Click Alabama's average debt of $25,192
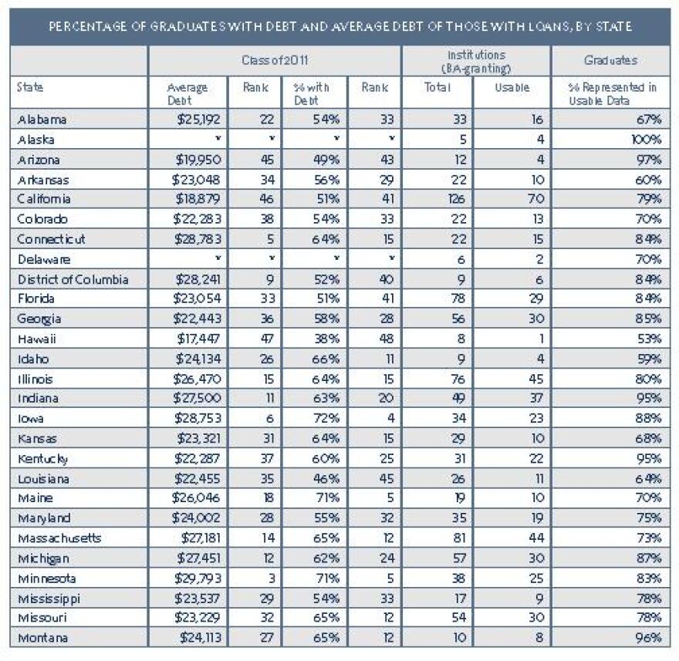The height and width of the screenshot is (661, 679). point(199,119)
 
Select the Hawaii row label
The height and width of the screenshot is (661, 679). point(37,339)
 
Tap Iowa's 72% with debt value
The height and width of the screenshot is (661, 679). point(326,418)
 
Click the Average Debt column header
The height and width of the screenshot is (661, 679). point(187,93)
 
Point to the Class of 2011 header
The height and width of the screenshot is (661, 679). point(275,60)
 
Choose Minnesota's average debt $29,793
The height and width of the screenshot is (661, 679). point(198,578)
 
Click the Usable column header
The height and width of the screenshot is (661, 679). point(512,87)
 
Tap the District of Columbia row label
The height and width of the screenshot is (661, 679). point(73,280)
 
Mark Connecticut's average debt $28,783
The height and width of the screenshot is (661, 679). point(198,239)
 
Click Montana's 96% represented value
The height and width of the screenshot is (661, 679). point(648,638)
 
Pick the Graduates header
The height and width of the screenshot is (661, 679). point(610,60)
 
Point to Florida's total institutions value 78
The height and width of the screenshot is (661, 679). point(458,298)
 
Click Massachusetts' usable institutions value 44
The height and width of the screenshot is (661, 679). point(535,538)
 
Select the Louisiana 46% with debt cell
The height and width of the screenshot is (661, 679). point(326,479)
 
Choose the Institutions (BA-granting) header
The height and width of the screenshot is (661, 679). point(476,62)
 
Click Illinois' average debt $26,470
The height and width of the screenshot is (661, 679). point(197,379)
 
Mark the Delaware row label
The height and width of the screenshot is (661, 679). point(44,259)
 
